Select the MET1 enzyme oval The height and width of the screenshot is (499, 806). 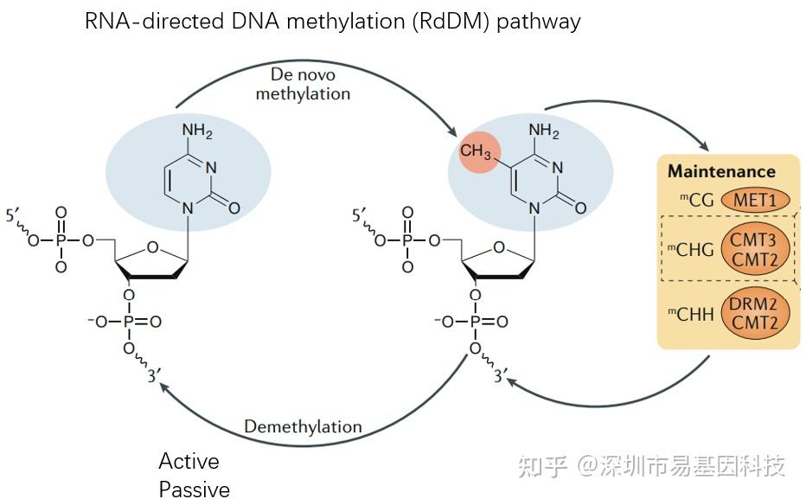click(x=755, y=201)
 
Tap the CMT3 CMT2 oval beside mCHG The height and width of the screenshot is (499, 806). click(x=753, y=250)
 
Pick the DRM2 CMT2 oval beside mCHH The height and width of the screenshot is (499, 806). click(x=753, y=314)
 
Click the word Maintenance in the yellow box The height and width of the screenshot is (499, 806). click(x=721, y=171)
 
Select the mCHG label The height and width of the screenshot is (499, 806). click(x=691, y=250)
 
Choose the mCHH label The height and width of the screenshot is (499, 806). click(x=691, y=314)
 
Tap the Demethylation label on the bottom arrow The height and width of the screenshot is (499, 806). click(x=303, y=426)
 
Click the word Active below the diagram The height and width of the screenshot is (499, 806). click(x=189, y=461)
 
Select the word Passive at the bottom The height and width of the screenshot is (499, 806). click(x=194, y=489)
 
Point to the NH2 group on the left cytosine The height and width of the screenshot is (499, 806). click(x=196, y=131)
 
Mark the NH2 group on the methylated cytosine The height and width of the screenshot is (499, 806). click(x=543, y=131)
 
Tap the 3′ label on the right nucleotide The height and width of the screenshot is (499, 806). click(x=501, y=376)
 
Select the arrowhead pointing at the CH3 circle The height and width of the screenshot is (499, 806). click(x=454, y=133)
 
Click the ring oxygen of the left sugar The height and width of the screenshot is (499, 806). click(x=152, y=248)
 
